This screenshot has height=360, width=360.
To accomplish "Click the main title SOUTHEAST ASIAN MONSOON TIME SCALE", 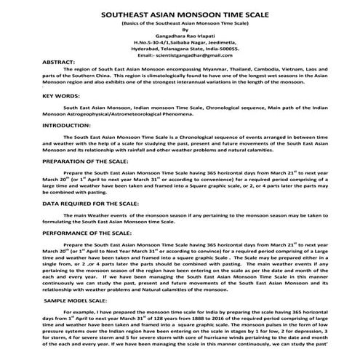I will tap(180, 13).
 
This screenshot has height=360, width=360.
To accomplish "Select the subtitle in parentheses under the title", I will tap(180, 23).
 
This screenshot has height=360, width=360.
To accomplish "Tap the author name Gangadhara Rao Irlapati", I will tap(180, 36).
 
